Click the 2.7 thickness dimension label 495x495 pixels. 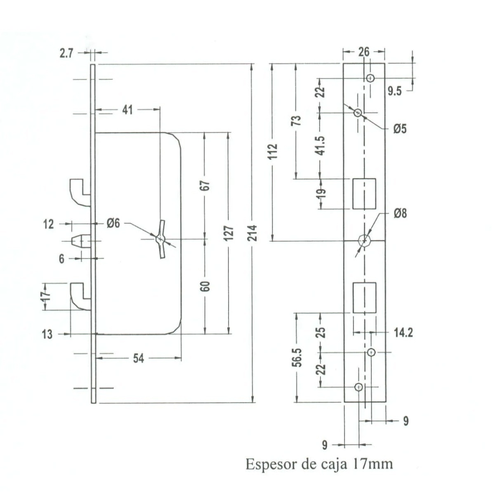coord(66,54)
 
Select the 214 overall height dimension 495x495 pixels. coord(252,233)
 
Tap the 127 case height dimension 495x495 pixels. coord(229,233)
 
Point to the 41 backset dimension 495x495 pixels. coord(127,110)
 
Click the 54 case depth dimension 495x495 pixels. coord(139,358)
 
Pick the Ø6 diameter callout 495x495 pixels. coord(113,223)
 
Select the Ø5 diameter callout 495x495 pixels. coord(400,129)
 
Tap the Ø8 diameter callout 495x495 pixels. coord(400,213)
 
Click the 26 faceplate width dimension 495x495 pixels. coord(364,52)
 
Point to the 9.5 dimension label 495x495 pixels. coord(395,92)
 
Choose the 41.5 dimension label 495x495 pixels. coord(321,146)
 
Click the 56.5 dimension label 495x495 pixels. coord(298,358)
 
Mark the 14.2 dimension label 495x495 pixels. coord(403,332)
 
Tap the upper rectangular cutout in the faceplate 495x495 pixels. coord(364,194)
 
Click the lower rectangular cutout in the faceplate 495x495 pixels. coord(365,298)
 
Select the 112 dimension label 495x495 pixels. coord(273,151)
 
